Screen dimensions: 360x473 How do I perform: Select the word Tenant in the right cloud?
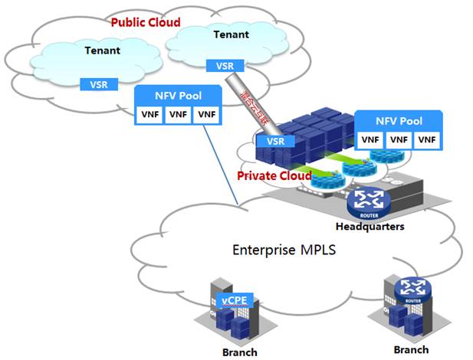231,35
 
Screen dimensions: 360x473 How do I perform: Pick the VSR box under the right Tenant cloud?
225,66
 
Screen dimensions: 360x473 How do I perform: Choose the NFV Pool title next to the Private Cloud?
399,121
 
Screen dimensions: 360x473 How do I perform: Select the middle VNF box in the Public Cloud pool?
179,115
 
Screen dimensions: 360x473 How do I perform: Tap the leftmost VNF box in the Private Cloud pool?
371,139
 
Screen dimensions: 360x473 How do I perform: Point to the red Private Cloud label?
274,176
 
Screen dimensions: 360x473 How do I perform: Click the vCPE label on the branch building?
235,300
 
